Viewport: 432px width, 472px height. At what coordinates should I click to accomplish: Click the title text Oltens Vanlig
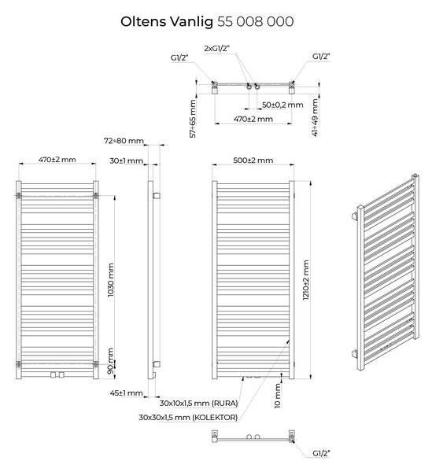tap(167, 22)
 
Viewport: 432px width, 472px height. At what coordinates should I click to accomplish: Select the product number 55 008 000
tap(255, 22)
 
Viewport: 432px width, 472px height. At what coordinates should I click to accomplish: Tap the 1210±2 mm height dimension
tap(306, 280)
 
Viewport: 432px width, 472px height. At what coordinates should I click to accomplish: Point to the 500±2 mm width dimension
tap(253, 160)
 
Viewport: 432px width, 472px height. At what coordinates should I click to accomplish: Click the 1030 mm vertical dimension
tap(111, 280)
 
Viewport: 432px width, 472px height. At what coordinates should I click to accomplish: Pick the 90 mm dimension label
tap(111, 361)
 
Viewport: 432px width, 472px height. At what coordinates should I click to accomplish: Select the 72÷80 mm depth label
tap(124, 141)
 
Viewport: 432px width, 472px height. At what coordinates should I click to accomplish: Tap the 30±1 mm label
tap(126, 160)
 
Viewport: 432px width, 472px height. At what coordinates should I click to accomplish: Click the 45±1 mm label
tap(126, 393)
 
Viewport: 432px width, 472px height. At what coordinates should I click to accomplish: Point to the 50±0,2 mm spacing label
tap(282, 105)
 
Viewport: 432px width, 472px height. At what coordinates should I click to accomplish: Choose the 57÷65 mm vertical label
tap(193, 119)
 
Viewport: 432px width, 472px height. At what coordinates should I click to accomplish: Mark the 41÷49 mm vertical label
tap(315, 118)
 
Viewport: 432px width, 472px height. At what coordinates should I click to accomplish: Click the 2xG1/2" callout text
tap(216, 48)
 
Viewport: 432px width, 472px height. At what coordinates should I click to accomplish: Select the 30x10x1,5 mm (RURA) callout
tap(199, 403)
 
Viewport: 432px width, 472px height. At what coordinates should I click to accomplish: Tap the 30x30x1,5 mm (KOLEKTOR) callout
tap(188, 418)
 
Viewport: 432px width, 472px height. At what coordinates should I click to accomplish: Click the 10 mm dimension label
tap(277, 396)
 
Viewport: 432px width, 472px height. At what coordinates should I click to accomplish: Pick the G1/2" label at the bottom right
tap(321, 453)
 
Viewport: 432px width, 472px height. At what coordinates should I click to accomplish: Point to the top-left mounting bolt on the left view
tap(19, 196)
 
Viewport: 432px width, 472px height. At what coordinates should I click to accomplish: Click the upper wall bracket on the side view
tap(157, 196)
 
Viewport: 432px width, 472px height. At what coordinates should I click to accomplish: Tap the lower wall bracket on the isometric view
tap(355, 353)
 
